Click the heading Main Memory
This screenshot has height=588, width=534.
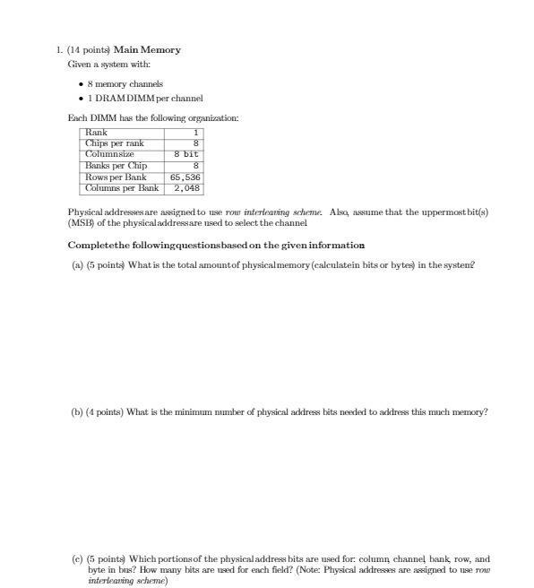tap(147, 49)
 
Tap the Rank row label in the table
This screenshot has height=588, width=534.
tap(96, 133)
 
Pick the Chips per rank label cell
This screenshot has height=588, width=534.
tap(115, 143)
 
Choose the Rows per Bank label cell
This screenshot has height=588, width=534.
tap(115, 177)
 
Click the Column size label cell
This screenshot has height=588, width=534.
tap(109, 154)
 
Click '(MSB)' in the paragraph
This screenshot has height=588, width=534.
tap(82, 222)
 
